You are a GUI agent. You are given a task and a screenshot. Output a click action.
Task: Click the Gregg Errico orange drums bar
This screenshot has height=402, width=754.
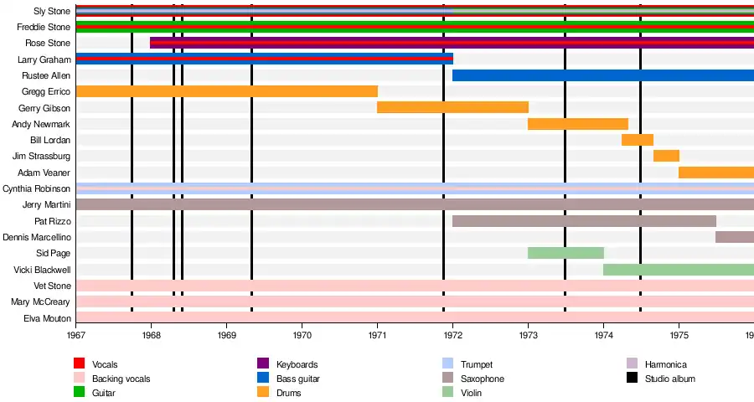point(226,91)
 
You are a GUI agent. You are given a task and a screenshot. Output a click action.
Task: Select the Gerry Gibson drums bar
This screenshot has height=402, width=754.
point(452,107)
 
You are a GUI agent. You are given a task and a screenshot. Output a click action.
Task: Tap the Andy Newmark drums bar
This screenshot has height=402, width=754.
point(578,124)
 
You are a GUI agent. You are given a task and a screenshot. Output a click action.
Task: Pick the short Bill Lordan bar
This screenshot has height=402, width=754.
point(638,140)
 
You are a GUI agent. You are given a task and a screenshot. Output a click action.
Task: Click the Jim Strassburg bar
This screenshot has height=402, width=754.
point(666,156)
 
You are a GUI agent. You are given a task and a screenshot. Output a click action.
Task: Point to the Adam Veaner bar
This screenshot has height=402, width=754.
point(716,173)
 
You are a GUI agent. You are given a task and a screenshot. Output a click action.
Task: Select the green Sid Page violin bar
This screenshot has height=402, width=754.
point(565,253)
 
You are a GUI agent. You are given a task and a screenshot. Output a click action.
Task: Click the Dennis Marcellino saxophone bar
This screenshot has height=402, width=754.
point(735,237)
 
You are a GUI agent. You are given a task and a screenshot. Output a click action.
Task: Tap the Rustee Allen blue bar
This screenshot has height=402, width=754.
point(603,75)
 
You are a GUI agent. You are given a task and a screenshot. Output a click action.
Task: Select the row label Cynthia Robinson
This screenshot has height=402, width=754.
point(37,188)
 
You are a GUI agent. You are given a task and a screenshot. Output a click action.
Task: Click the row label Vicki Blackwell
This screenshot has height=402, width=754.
point(42,270)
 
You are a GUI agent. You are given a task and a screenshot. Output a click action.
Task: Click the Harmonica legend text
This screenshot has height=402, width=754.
point(665,365)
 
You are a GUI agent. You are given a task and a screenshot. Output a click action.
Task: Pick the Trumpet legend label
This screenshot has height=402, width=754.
point(477,365)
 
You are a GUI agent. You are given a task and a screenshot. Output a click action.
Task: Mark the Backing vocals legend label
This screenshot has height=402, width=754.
point(121,379)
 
